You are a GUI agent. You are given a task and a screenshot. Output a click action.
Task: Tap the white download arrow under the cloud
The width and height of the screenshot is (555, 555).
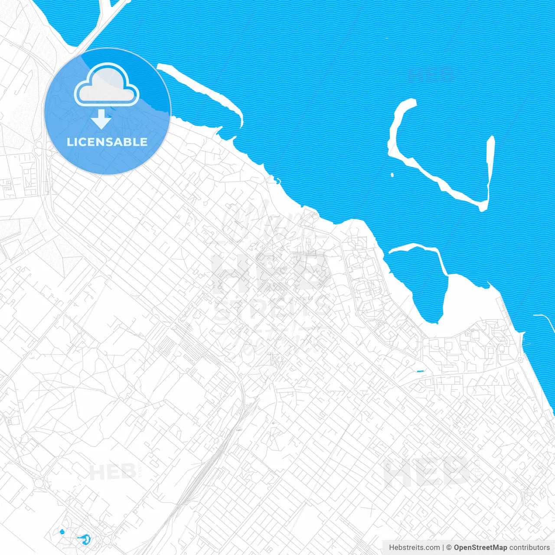pyautogui.click(x=101, y=119)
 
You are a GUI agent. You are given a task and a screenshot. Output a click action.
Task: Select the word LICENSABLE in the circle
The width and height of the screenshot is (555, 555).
pyautogui.click(x=107, y=142)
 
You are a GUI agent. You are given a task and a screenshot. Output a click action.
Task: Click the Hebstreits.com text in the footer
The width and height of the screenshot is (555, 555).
pyautogui.click(x=414, y=548)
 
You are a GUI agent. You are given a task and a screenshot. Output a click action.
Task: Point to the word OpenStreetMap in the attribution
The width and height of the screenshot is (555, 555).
pyautogui.click(x=480, y=548)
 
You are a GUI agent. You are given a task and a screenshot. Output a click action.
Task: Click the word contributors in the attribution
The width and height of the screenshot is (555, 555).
pyautogui.click(x=529, y=548)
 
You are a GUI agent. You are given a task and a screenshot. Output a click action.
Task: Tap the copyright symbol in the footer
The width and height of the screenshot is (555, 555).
pyautogui.click(x=449, y=548)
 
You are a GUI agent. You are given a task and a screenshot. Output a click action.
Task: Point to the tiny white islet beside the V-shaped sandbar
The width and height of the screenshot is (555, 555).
pyautogui.click(x=392, y=175)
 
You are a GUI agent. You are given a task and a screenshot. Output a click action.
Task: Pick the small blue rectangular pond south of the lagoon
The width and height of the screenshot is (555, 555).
pyautogui.click(x=420, y=372)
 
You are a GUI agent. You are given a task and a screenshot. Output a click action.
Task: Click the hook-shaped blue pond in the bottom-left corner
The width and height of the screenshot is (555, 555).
pyautogui.click(x=85, y=539)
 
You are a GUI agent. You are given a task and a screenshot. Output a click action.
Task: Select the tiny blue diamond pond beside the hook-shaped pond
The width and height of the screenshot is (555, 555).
pyautogui.click(x=62, y=532)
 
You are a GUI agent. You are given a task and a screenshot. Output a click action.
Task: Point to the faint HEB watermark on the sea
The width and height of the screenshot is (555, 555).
pyautogui.click(x=431, y=75)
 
